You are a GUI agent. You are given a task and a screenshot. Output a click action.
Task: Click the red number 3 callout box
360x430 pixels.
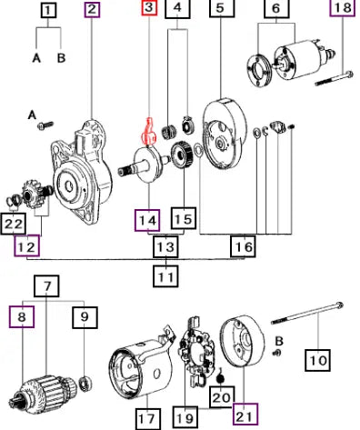(x=149, y=7)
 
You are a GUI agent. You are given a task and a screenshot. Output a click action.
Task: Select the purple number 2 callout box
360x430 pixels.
(x=93, y=9)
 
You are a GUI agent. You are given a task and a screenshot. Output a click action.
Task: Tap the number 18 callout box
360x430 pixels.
(x=342, y=7)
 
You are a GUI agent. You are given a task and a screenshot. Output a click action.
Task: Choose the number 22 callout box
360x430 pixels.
(x=14, y=224)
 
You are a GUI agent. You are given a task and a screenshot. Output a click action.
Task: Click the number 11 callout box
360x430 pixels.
(x=165, y=275)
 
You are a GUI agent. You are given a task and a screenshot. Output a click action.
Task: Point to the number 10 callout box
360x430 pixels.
(x=318, y=360)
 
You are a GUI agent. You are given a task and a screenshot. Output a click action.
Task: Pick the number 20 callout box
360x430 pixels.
(x=222, y=396)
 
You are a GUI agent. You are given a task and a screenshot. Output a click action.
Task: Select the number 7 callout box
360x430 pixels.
(x=46, y=285)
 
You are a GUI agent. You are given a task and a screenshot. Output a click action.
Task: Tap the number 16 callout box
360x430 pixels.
(x=244, y=246)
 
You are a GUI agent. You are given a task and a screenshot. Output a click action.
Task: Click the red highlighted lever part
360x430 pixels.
(x=148, y=132)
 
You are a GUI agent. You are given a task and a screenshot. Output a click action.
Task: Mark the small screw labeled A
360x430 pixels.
(x=45, y=125)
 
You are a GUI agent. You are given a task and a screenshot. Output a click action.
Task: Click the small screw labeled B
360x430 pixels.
(x=276, y=353)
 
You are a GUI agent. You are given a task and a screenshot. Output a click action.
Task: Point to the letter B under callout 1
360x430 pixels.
(x=61, y=57)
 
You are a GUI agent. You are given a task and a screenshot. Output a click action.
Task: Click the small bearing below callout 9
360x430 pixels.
(x=85, y=383)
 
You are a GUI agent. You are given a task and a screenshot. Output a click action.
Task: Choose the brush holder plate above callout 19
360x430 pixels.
(x=197, y=352)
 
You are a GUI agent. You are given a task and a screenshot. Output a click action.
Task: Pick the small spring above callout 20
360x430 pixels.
(x=221, y=376)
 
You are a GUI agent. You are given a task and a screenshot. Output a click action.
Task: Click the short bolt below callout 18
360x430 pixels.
(x=335, y=77)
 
